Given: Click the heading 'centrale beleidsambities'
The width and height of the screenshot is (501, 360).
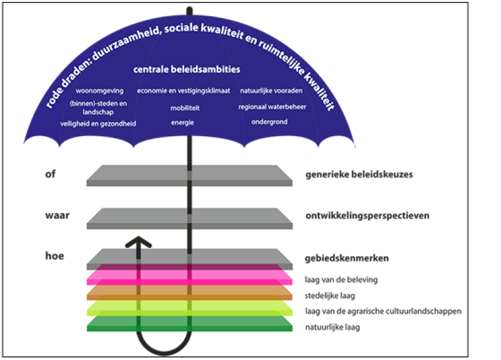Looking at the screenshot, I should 187,69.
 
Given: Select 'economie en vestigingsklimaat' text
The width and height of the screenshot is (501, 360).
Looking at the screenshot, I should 184,91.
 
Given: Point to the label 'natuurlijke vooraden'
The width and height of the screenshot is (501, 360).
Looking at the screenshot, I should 271,91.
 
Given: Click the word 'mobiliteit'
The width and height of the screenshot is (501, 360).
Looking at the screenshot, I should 185,107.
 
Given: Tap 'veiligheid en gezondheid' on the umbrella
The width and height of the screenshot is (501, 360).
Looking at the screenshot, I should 99,123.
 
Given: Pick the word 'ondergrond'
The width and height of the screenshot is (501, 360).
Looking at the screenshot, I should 269,122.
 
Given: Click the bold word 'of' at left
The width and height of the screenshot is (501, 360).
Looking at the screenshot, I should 51,174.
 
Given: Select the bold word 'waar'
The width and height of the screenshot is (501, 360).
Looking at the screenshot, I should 56,216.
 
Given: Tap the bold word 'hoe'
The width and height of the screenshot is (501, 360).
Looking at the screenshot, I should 54,256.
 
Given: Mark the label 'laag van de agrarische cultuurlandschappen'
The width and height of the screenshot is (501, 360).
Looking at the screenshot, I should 383,311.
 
